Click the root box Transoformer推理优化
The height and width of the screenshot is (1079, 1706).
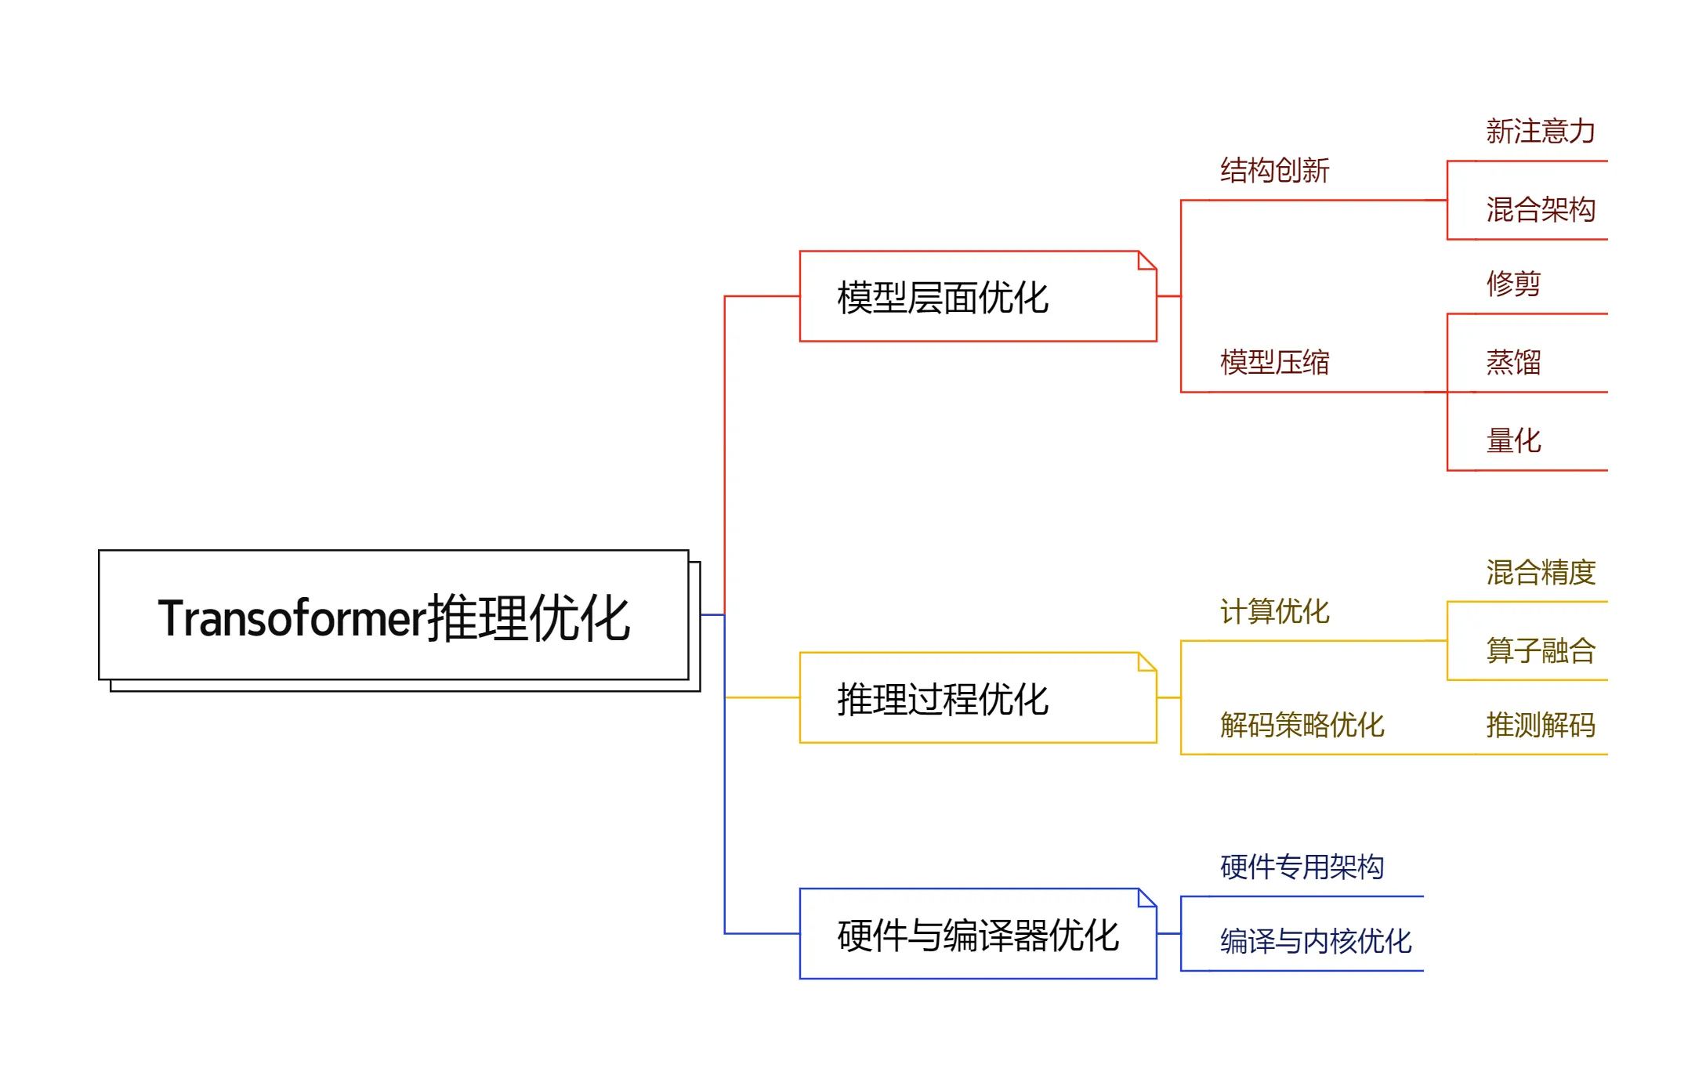coord(393,617)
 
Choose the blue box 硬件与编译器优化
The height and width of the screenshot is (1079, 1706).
coord(977,934)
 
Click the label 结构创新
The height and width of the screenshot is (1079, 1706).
coord(1274,171)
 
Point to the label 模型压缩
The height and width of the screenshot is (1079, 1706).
coord(1274,363)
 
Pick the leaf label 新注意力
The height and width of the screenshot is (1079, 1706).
coord(1540,132)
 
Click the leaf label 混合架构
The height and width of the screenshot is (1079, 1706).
coord(1540,210)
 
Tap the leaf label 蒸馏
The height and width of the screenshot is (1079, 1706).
coord(1513,363)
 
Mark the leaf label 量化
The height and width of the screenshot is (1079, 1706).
coord(1513,441)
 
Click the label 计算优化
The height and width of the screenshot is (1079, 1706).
coord(1274,612)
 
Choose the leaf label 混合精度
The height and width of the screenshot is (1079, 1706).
coord(1540,573)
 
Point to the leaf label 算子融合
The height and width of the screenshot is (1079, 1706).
coord(1540,651)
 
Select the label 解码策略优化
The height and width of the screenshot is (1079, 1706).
coord(1302,726)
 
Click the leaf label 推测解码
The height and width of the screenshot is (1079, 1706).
coord(1540,726)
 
